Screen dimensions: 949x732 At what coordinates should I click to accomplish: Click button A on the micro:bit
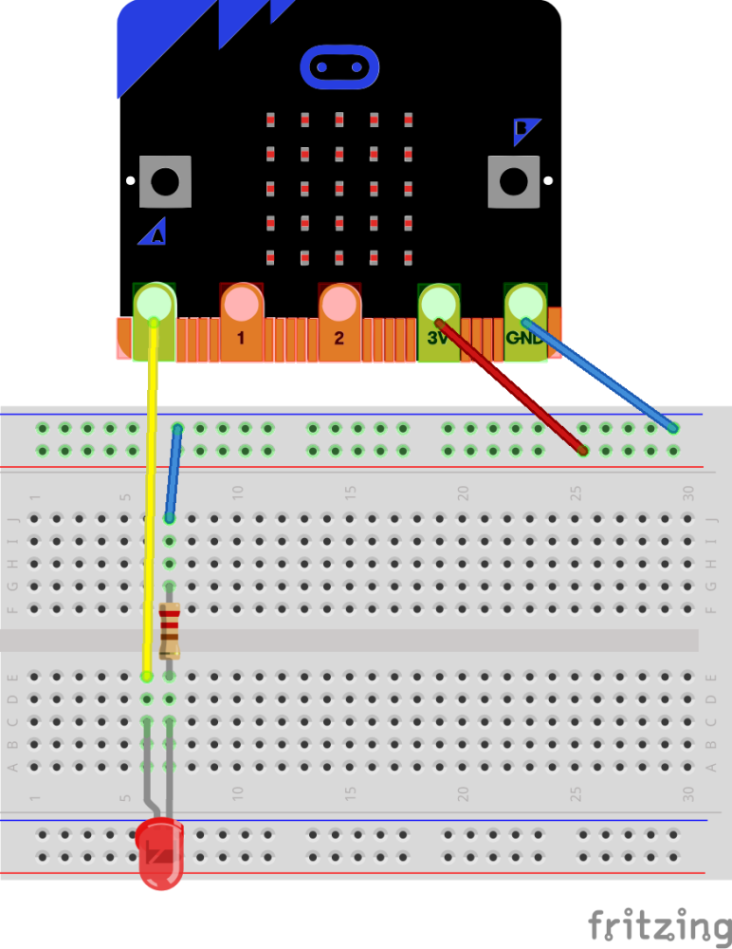tap(165, 180)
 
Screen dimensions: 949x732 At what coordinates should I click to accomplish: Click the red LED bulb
tap(159, 854)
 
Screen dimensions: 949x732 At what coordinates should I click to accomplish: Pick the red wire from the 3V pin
tap(512, 389)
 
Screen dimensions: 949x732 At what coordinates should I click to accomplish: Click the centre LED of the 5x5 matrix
tap(339, 188)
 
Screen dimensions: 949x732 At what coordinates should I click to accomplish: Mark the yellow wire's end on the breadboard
tap(146, 677)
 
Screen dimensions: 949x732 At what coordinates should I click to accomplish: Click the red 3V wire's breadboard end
tap(582, 451)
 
